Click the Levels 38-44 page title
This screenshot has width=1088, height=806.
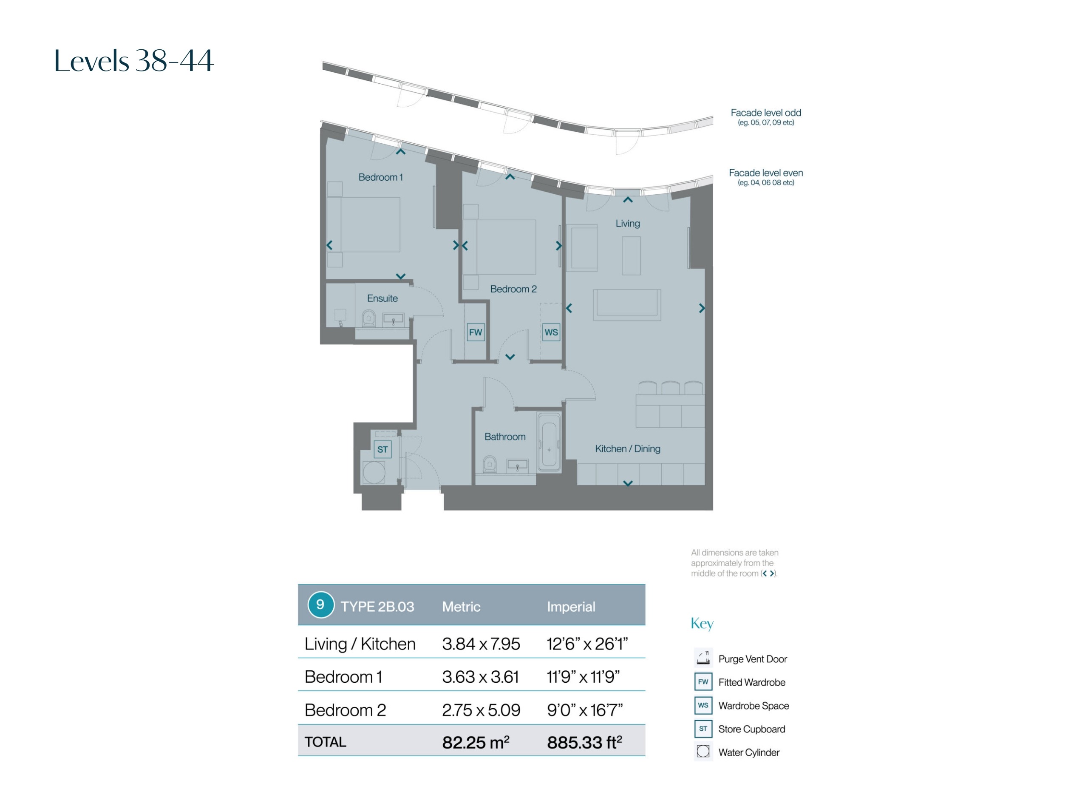tap(133, 60)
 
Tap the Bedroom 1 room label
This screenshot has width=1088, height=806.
tap(380, 177)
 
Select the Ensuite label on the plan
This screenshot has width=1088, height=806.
tap(382, 298)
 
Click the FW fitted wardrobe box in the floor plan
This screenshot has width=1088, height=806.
tap(476, 332)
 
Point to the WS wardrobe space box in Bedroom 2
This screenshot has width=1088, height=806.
tap(551, 332)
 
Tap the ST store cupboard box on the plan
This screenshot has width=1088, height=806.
tap(382, 449)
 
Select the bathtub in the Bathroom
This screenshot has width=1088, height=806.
tap(549, 443)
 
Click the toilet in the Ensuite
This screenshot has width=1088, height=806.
tap(368, 318)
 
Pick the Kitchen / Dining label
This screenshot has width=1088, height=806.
tap(628, 449)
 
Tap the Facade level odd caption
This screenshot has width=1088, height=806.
tap(766, 113)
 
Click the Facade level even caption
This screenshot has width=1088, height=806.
tap(766, 173)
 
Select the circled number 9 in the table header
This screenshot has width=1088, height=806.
tap(320, 605)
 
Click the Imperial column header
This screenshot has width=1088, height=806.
tap(571, 607)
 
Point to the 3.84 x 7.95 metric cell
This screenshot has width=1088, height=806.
tap(481, 644)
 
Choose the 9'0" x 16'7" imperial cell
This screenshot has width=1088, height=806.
tap(585, 710)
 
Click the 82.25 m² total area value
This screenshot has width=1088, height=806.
tap(476, 742)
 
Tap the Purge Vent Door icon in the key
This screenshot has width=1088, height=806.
tap(703, 658)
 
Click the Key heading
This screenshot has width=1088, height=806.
tap(702, 624)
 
